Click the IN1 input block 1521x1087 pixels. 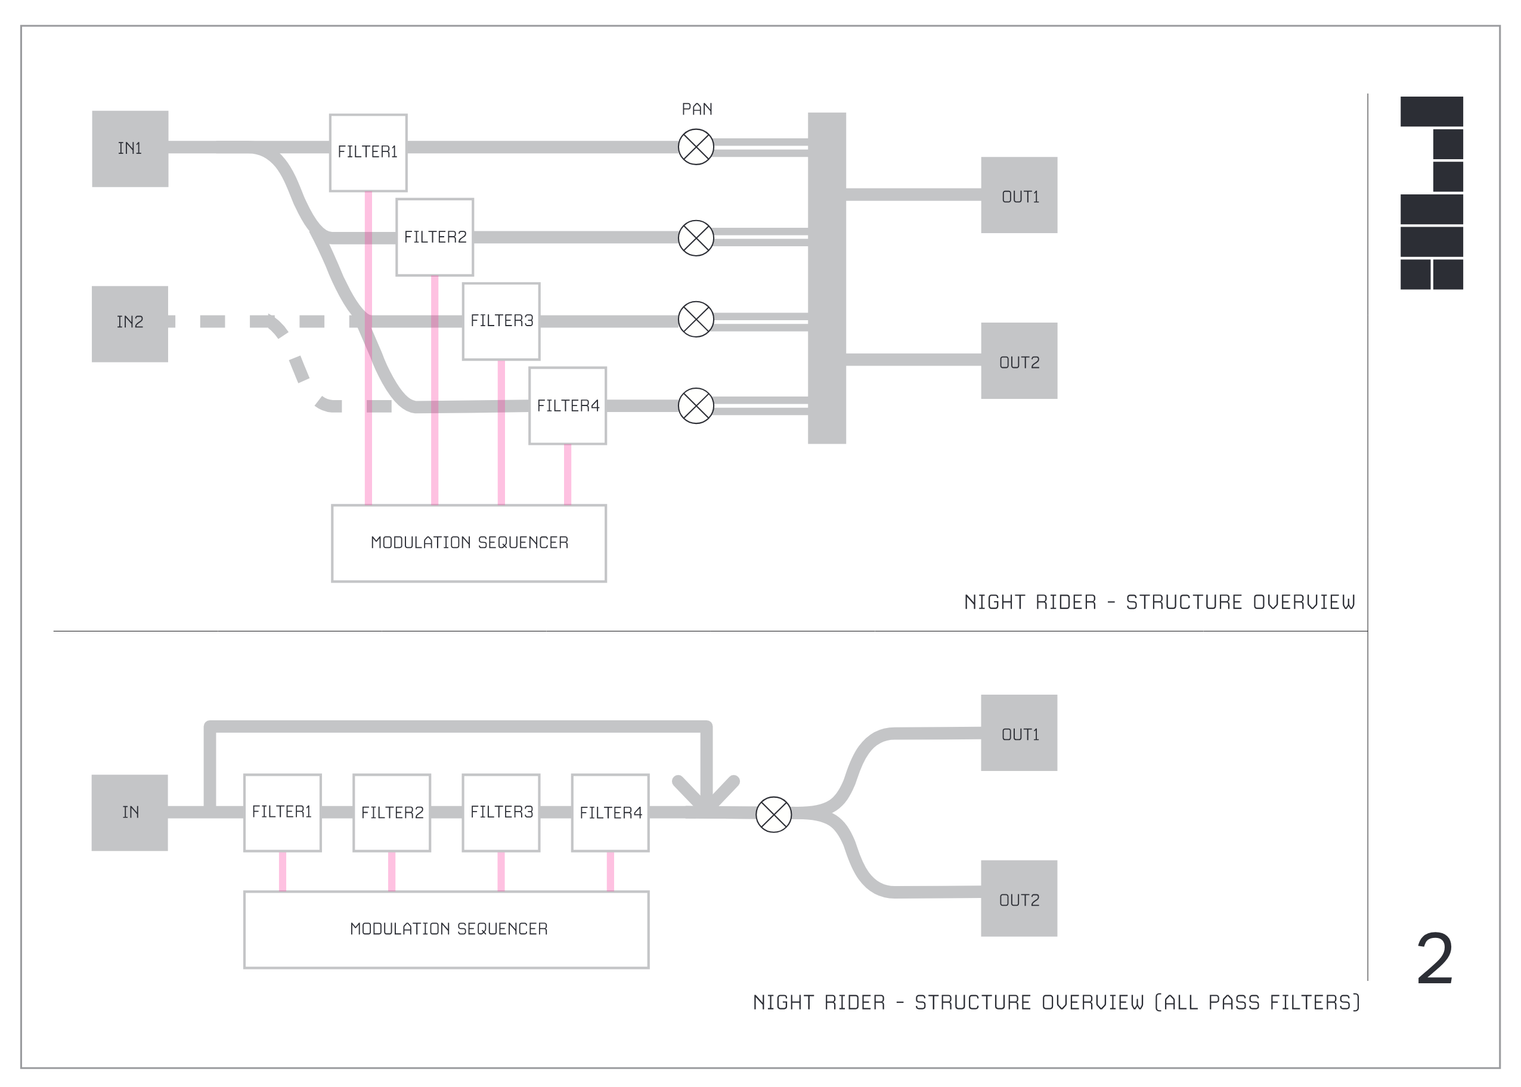(130, 148)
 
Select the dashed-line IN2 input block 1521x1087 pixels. (130, 324)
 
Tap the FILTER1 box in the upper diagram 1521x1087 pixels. (368, 153)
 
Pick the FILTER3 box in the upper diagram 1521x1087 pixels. (501, 321)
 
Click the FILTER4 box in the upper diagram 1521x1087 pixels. (568, 405)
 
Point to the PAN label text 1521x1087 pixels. (696, 109)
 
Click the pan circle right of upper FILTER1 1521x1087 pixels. (696, 147)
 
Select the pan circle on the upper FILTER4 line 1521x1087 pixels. (696, 405)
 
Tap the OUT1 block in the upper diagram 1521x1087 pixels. (1018, 196)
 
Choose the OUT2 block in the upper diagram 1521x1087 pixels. (1018, 361)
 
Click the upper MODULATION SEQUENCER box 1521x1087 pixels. (469, 543)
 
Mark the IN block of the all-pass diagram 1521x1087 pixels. (130, 813)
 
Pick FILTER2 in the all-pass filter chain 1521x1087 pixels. (392, 813)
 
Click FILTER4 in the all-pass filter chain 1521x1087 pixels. (611, 813)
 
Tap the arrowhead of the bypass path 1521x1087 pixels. (706, 799)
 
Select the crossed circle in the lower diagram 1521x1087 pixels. (773, 815)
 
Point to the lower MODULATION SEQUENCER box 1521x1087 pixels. (447, 929)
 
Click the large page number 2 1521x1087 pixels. (1435, 959)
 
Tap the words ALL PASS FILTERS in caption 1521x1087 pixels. (1262, 1003)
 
